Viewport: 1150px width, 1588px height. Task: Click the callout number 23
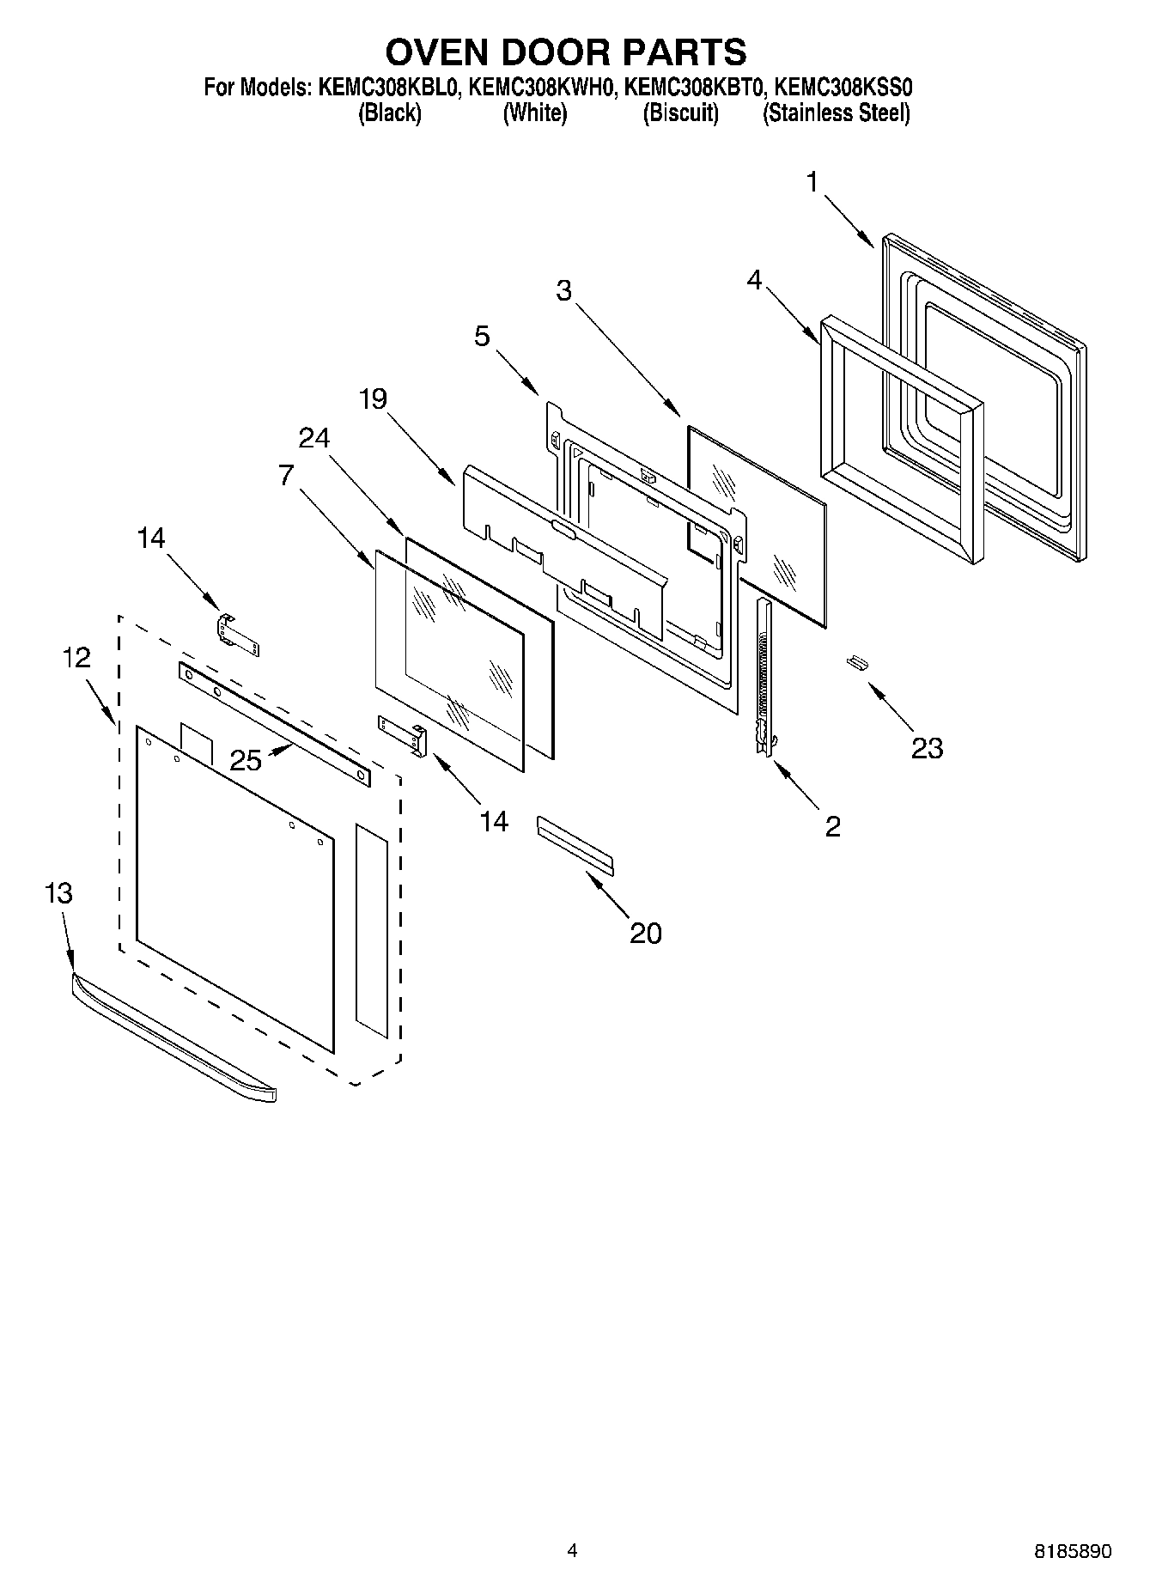click(927, 748)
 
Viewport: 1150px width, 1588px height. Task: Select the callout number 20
click(645, 933)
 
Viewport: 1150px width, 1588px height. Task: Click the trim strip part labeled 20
click(575, 846)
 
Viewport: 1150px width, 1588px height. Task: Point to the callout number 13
click(58, 893)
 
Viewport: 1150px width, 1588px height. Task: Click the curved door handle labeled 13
click(172, 1039)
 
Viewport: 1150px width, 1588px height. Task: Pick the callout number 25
click(246, 760)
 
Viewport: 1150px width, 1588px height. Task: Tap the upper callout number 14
click(150, 538)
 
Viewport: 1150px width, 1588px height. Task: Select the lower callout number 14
click(493, 822)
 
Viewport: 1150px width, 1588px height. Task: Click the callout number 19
click(373, 399)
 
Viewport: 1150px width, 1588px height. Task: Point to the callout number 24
click(313, 438)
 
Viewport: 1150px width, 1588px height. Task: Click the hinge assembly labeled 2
click(763, 678)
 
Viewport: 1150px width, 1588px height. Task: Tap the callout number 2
click(832, 826)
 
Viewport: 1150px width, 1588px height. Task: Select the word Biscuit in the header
click(680, 113)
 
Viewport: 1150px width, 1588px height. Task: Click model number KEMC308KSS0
click(843, 87)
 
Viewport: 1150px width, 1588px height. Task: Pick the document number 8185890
click(1072, 1551)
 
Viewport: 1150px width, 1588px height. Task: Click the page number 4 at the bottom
click(572, 1550)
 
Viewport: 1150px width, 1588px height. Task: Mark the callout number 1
click(812, 182)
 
